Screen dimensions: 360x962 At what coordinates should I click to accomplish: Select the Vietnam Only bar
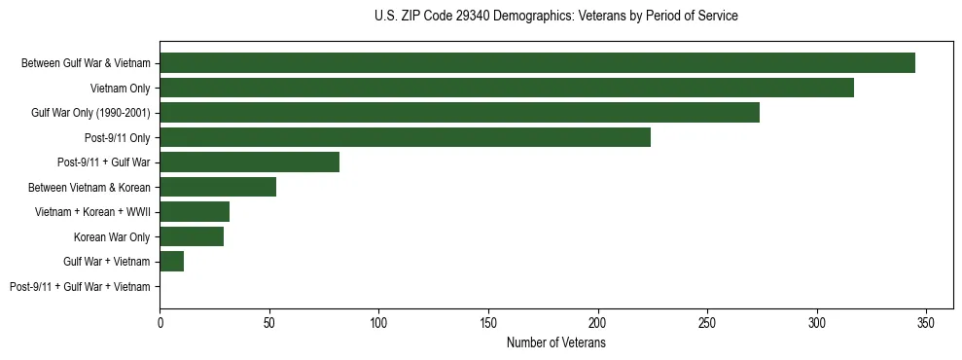pyautogui.click(x=507, y=88)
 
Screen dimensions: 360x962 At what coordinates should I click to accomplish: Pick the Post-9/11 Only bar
pyautogui.click(x=405, y=137)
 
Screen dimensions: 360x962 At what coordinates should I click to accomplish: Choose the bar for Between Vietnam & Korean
pyautogui.click(x=218, y=187)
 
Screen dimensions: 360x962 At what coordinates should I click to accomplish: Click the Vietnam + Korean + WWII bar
pyautogui.click(x=195, y=212)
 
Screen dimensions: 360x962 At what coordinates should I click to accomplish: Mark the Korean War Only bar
pyautogui.click(x=192, y=236)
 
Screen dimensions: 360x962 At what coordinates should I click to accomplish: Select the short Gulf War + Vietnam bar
pyautogui.click(x=172, y=262)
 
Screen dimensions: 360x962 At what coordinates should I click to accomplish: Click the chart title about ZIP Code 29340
pyautogui.click(x=555, y=17)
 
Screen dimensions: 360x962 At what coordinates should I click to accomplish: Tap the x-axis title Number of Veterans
pyautogui.click(x=555, y=343)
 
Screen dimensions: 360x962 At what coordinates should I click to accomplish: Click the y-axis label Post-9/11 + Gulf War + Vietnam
pyautogui.click(x=80, y=287)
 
